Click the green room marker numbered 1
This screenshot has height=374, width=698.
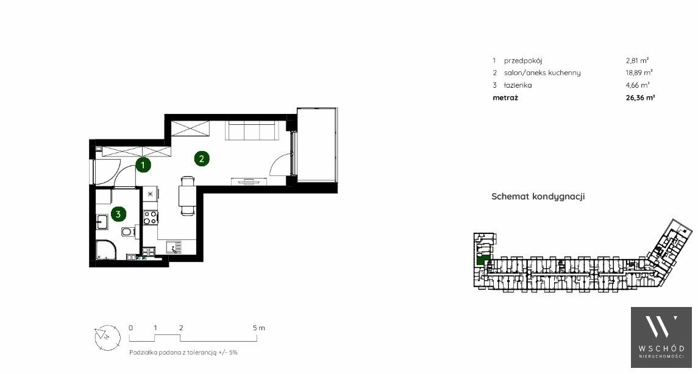click(x=143, y=166)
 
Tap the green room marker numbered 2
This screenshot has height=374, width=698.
click(x=202, y=158)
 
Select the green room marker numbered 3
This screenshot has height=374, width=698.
click(x=118, y=214)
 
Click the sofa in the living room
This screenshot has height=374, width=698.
click(x=253, y=130)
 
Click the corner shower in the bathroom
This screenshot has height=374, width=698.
click(x=106, y=250)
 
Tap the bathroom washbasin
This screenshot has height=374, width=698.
click(x=102, y=221)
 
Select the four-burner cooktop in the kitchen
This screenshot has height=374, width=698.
click(x=151, y=217)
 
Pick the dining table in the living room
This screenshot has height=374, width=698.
click(x=187, y=196)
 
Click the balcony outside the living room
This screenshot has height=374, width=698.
click(x=316, y=145)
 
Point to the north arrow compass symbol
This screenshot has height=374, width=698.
click(x=108, y=337)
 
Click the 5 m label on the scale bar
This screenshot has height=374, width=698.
click(x=258, y=328)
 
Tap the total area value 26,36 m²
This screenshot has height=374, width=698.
click(x=640, y=98)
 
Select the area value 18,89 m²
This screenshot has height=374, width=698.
click(x=639, y=72)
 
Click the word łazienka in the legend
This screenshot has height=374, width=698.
click(x=518, y=85)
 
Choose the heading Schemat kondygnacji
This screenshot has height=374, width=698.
click(x=538, y=197)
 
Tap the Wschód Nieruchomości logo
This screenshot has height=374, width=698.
click(x=661, y=337)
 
